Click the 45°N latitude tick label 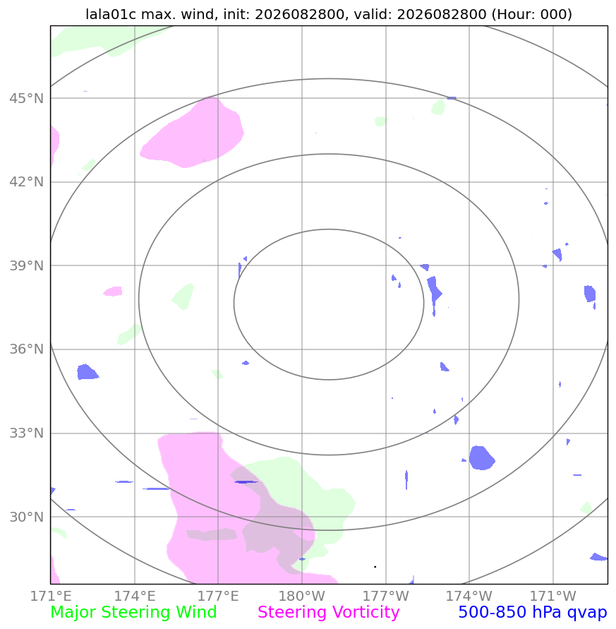click(27, 98)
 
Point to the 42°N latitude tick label click(27, 182)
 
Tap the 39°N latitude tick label click(27, 265)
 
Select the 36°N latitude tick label click(27, 349)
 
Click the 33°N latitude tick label click(27, 433)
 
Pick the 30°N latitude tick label click(27, 517)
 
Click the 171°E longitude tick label click(51, 597)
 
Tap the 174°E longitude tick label click(135, 597)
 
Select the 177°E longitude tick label click(218, 597)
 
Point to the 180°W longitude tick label click(301, 597)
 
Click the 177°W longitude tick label click(386, 597)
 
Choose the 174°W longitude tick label click(469, 597)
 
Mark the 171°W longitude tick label click(553, 597)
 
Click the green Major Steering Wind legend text click(133, 613)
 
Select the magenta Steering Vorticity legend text click(328, 613)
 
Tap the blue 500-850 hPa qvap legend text click(533, 613)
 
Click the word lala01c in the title click(111, 14)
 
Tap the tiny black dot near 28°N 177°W click(375, 567)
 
